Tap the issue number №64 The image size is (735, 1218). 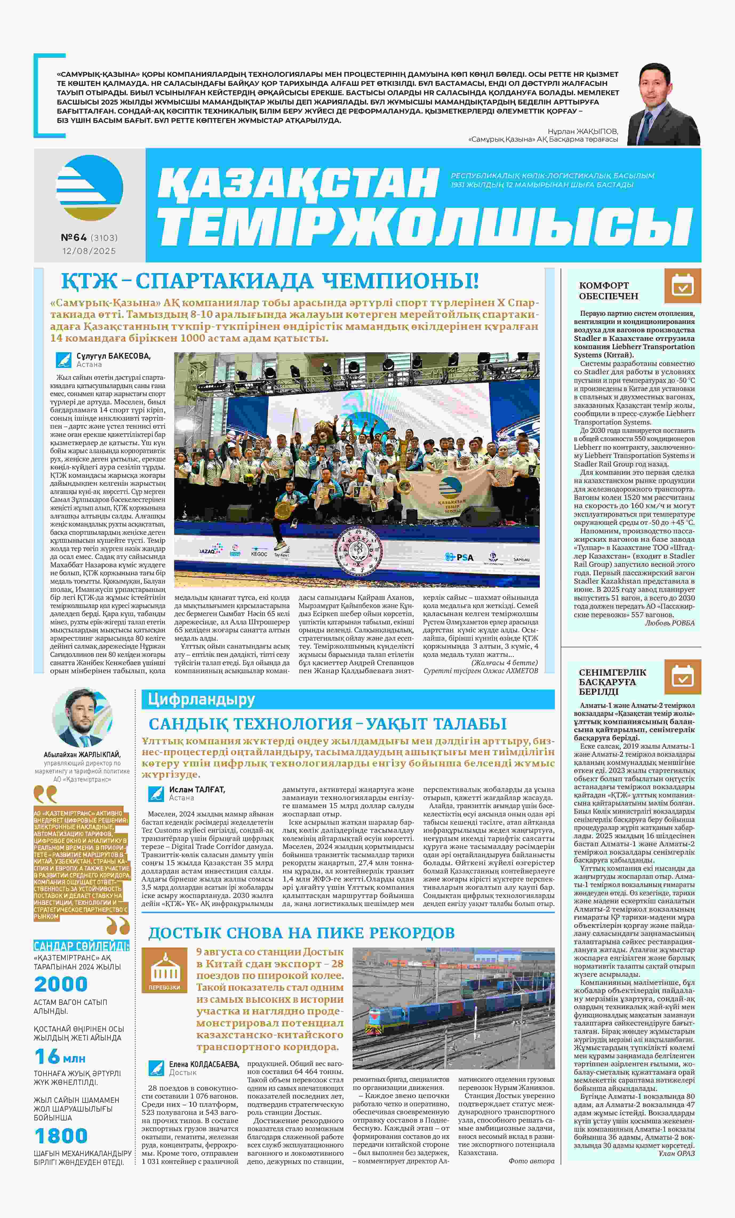point(74,238)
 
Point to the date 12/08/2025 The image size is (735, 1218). point(89,251)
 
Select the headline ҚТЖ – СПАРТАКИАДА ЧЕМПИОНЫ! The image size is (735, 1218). point(270,281)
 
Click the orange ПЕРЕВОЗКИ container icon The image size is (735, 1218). point(164,970)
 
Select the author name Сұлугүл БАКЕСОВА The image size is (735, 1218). point(114,356)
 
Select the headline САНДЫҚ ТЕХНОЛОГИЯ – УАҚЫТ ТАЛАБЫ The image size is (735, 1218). point(328,724)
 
